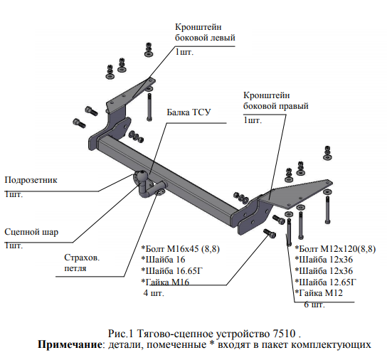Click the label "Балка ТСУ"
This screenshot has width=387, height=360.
point(189,112)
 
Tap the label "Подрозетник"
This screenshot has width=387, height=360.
point(31,180)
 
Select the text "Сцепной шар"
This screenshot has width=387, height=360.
point(31,232)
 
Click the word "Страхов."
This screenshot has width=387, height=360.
point(82,258)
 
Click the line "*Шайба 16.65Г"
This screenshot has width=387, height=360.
point(171,271)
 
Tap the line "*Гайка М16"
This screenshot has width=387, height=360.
point(165,282)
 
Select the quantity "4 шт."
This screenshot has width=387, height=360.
point(154,293)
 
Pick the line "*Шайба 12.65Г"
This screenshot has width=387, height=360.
point(326,282)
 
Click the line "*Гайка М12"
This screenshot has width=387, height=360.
point(319,293)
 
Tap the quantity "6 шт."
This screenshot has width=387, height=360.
point(314,305)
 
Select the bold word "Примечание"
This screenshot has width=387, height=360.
point(70,344)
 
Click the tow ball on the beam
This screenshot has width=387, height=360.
point(142,176)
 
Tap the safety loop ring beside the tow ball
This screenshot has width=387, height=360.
point(161,192)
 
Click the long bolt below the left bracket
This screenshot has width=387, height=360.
point(149,107)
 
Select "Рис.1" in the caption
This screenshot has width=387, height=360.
point(120,334)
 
